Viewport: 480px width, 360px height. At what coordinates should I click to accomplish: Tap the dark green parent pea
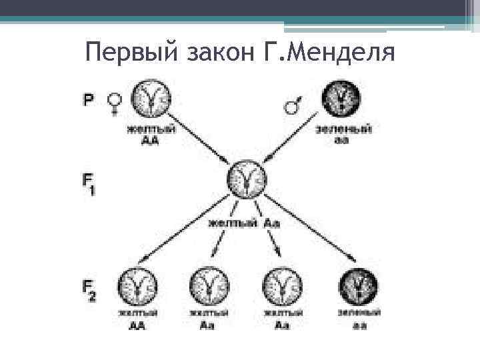[x=342, y=99]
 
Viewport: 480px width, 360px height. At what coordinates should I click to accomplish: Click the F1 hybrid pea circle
[x=247, y=179]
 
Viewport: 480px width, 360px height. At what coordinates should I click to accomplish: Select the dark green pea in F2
[x=359, y=287]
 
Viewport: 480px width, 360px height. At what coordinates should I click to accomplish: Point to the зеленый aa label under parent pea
[x=343, y=133]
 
